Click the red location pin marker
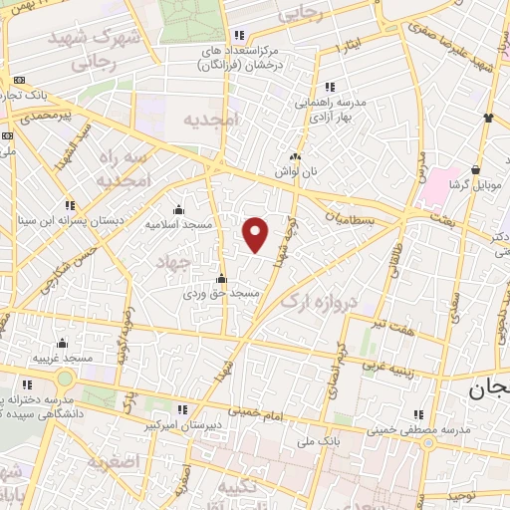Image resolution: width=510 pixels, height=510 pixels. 256,234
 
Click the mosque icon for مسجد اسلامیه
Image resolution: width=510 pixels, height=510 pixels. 178,209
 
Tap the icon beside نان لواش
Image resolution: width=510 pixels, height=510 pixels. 295,156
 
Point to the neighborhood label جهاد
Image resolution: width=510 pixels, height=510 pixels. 173,261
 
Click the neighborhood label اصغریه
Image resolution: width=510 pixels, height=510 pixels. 110,462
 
